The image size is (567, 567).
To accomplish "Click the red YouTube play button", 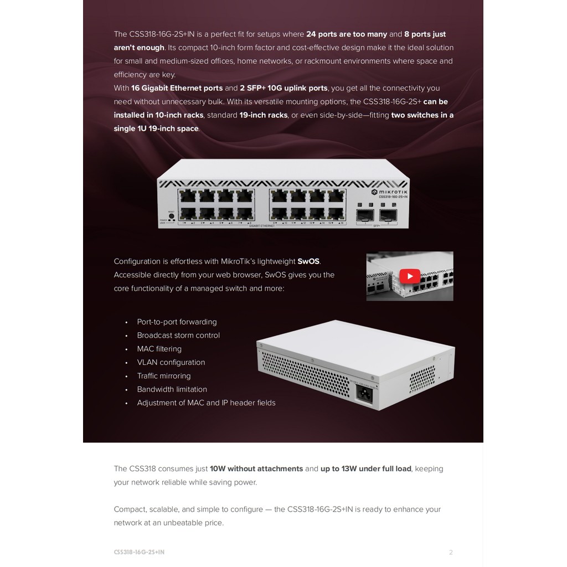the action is click(x=410, y=276).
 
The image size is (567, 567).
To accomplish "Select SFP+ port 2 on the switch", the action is click(x=388, y=215).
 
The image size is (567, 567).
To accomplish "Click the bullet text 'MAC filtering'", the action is click(x=159, y=349).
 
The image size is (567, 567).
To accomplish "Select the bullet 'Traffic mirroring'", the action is click(x=164, y=376).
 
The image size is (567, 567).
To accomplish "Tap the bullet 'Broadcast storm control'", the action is click(x=178, y=336).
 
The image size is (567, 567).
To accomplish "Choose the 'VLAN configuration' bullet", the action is click(x=171, y=363).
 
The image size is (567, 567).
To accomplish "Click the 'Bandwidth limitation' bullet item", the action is click(x=172, y=389).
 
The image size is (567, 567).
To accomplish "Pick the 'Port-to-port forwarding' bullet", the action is click(x=177, y=322).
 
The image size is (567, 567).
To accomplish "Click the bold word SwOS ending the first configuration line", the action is click(x=309, y=261).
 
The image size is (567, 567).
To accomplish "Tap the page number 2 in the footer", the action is click(x=451, y=552).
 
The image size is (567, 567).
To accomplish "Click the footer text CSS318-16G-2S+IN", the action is click(x=139, y=552).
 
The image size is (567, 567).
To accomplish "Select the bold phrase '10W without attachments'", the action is click(x=256, y=469).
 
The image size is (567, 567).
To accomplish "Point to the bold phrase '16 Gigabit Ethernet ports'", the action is click(x=177, y=88).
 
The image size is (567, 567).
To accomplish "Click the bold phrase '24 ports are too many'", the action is click(x=347, y=34).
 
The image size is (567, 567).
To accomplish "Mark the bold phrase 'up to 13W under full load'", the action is click(x=366, y=469).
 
